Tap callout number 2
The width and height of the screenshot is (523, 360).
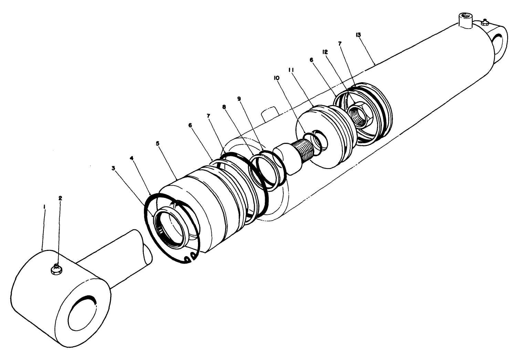coord(60,198)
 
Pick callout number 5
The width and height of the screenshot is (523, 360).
coord(157,144)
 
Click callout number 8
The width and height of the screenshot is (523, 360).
coord(224,107)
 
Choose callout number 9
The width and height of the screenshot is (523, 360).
coord(239,98)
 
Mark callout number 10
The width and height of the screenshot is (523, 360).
coord(276,78)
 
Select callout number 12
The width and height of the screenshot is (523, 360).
coord(325,52)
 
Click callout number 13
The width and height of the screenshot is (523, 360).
coord(358,34)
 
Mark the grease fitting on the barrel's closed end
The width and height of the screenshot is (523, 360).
coord(485,22)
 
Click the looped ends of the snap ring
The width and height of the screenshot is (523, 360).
coord(190,257)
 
